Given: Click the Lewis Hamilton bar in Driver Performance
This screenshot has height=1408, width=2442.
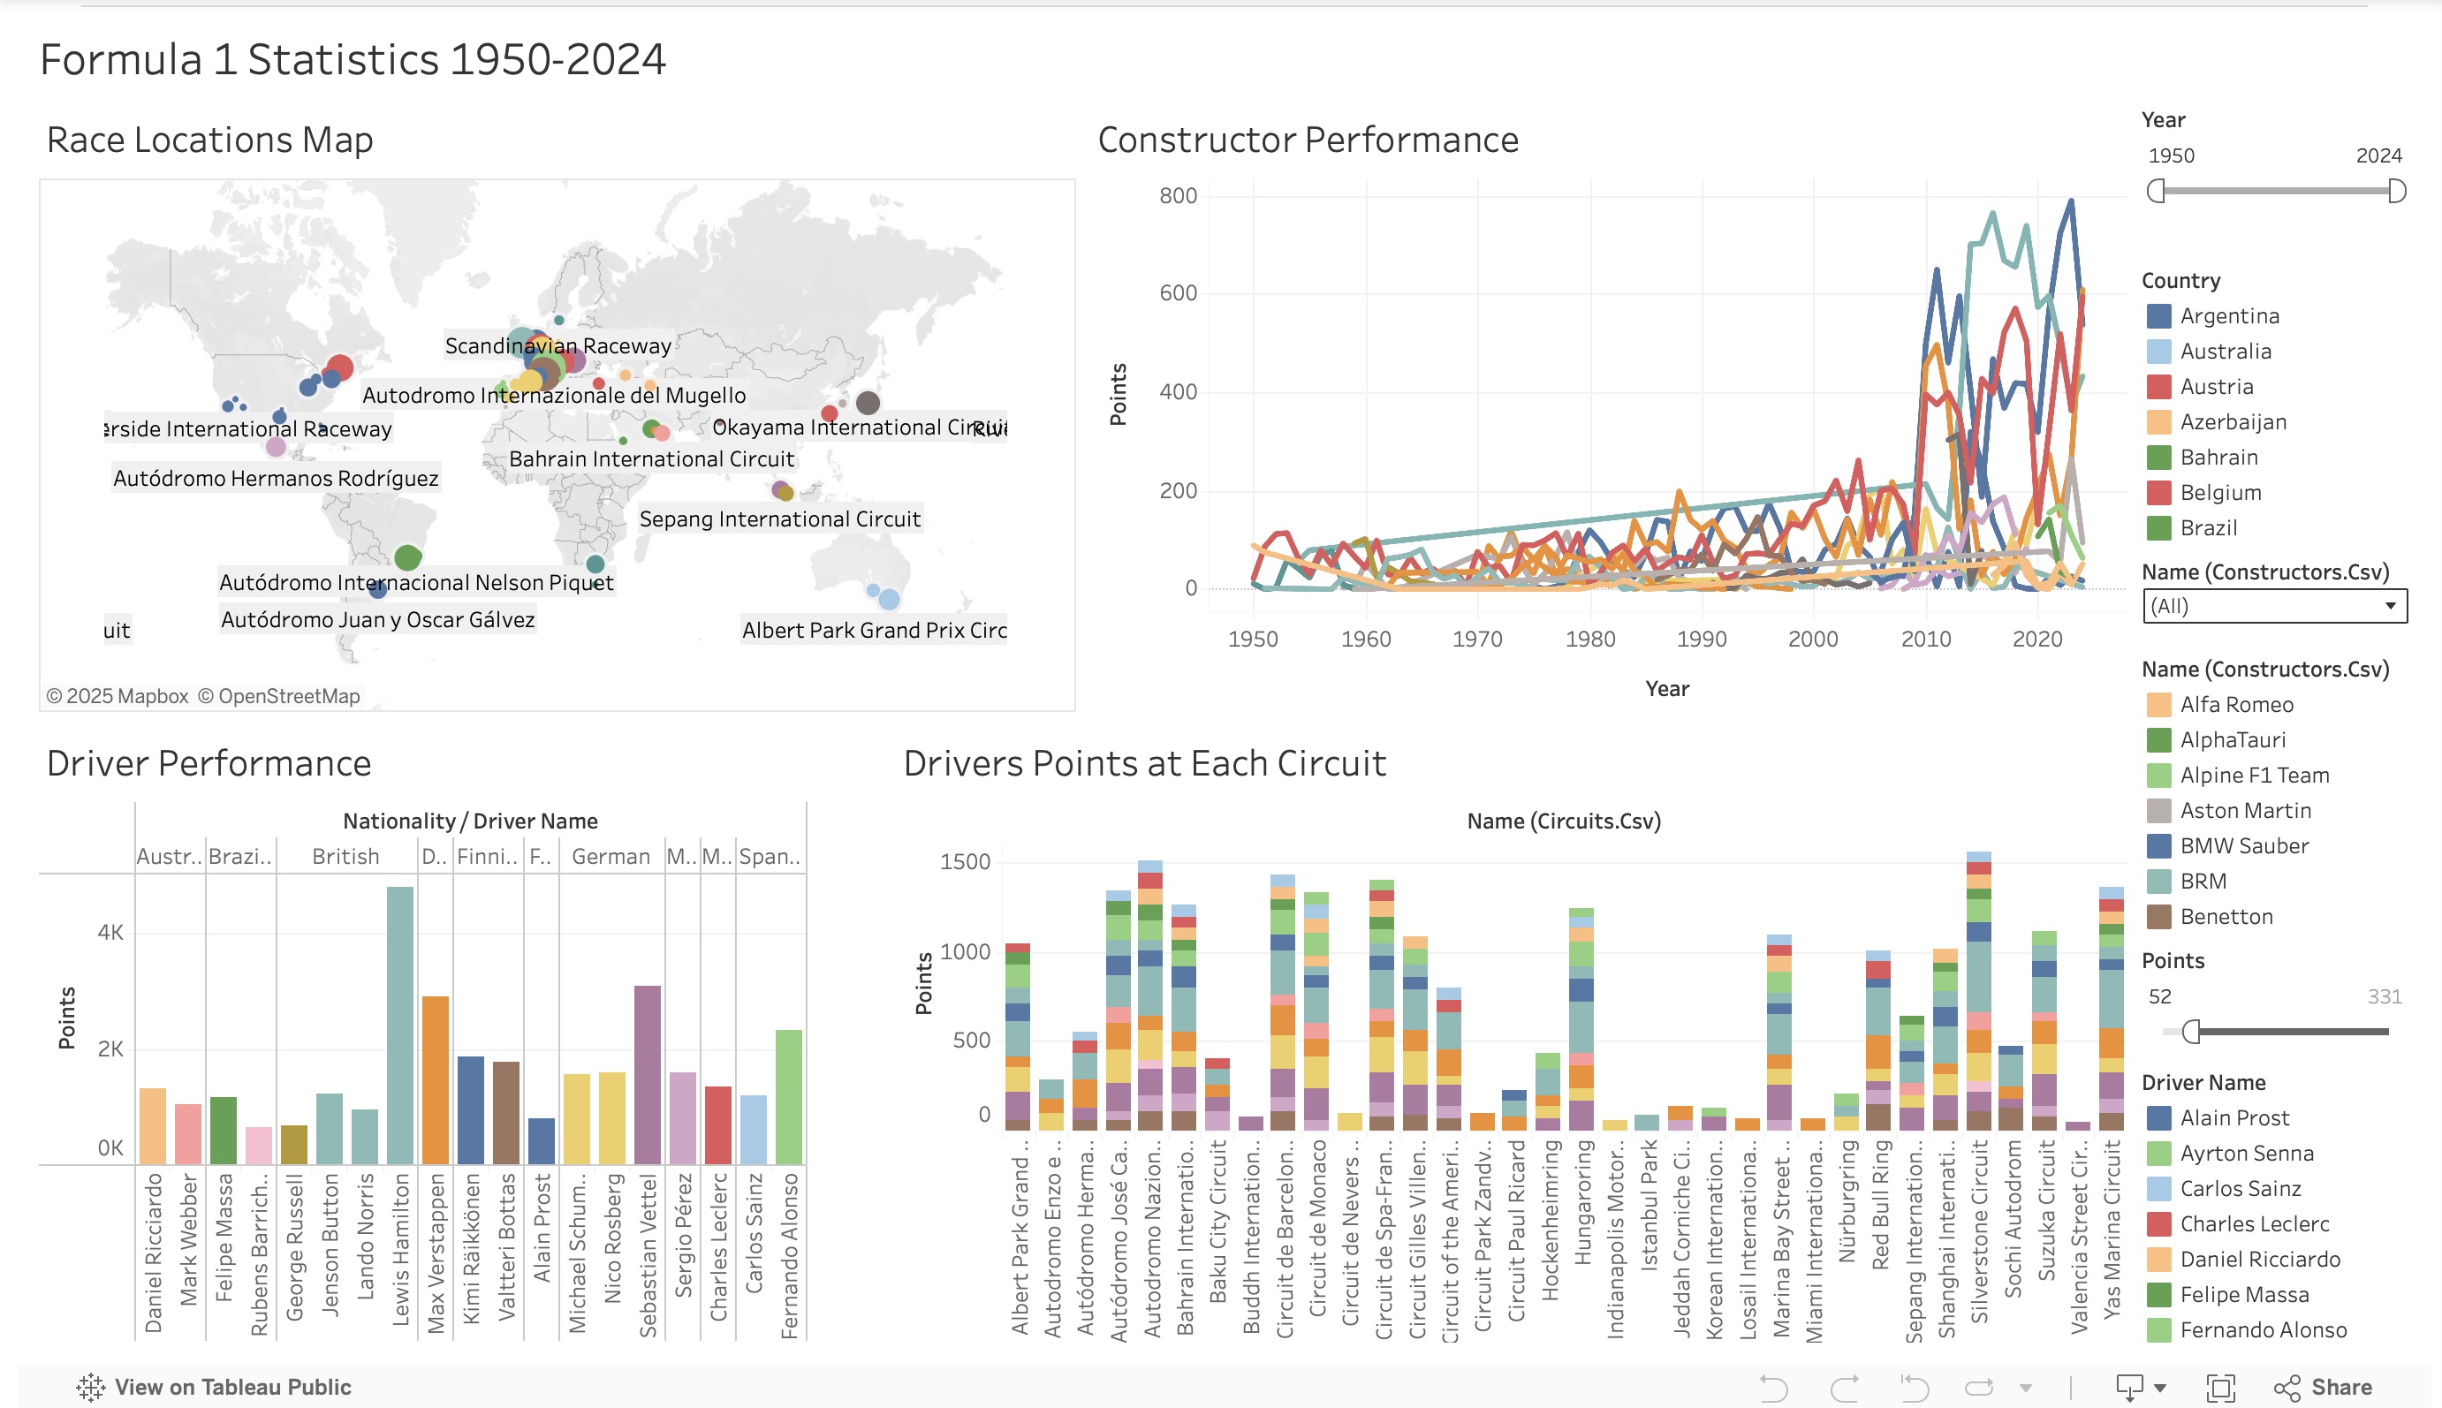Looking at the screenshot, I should click(399, 1025).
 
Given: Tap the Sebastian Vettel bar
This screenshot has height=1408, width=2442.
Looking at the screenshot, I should click(647, 1073).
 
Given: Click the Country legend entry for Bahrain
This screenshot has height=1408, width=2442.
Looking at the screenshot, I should click(2218, 458).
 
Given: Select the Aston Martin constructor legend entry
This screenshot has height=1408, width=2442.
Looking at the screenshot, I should click(2245, 810).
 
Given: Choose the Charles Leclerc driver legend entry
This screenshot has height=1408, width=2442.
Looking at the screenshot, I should click(2254, 1223).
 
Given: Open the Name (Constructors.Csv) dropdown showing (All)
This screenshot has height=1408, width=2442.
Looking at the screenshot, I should click(2274, 606).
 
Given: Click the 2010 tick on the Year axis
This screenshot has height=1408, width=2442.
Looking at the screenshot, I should click(1925, 640).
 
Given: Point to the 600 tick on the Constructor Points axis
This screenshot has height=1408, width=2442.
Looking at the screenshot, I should click(1178, 293).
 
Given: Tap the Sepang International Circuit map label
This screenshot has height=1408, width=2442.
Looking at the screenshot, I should click(779, 519).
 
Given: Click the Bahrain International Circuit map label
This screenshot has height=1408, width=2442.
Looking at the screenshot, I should click(651, 459).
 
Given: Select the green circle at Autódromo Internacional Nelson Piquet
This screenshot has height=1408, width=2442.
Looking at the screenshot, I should click(408, 557).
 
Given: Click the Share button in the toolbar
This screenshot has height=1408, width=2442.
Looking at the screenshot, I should click(2323, 1387).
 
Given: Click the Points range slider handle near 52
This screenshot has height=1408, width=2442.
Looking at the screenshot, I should click(2191, 1032).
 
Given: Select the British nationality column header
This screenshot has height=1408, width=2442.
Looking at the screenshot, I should click(345, 857).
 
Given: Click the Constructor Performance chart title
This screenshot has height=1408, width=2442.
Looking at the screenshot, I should click(1308, 140).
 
